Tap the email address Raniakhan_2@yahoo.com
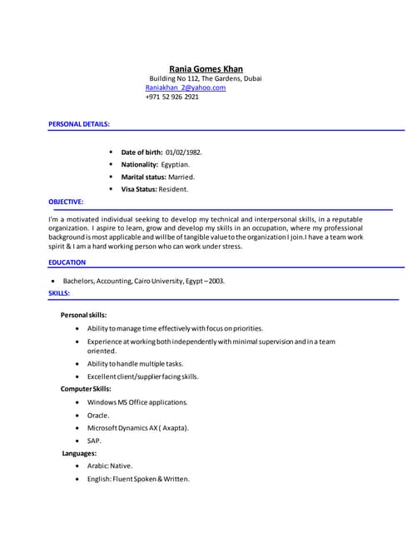pyautogui.click(x=186, y=87)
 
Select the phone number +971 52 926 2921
pyautogui.click(x=172, y=97)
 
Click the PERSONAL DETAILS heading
pyautogui.click(x=79, y=123)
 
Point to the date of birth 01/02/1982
pyautogui.click(x=183, y=152)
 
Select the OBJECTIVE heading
pyautogui.click(x=66, y=202)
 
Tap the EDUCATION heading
pyautogui.click(x=67, y=262)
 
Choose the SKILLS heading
pyautogui.click(x=59, y=293)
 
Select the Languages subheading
pyautogui.click(x=80, y=452)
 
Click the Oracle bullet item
pyautogui.click(x=98, y=415)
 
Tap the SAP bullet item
pyautogui.click(x=94, y=440)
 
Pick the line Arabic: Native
pyautogui.click(x=110, y=466)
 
